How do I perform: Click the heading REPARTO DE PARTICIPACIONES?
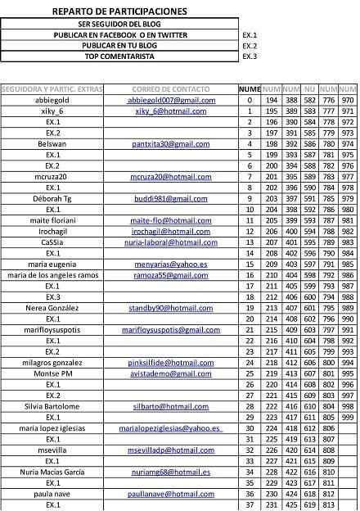tap(119, 11)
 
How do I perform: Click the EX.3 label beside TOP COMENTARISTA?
tap(250, 57)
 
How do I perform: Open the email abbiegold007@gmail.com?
tap(172, 100)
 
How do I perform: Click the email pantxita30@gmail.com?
tap(171, 143)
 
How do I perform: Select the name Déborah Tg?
tap(52, 198)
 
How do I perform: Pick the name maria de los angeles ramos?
tap(52, 275)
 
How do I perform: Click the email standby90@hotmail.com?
tap(171, 308)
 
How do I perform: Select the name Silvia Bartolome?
tap(52, 406)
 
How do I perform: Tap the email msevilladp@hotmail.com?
tap(171, 450)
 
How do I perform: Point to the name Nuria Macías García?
tap(52, 473)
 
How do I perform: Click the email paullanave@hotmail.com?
tap(171, 494)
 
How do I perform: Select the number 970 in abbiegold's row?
tap(348, 100)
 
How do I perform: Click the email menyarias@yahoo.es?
tap(171, 265)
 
